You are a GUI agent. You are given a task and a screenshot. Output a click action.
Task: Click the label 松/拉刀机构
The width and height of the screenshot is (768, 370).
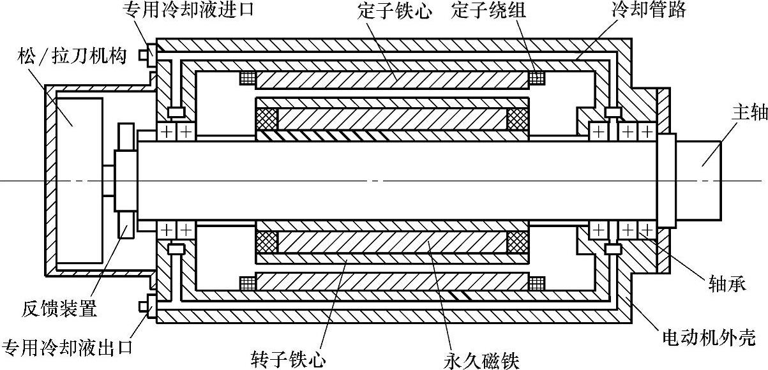(x=75, y=56)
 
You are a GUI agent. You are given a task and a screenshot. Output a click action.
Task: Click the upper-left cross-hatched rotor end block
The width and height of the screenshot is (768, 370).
(x=267, y=120)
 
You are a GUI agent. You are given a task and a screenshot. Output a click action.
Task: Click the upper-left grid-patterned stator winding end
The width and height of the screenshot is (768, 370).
(x=247, y=78)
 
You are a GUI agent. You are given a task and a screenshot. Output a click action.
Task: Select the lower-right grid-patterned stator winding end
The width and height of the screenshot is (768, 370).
(x=537, y=283)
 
